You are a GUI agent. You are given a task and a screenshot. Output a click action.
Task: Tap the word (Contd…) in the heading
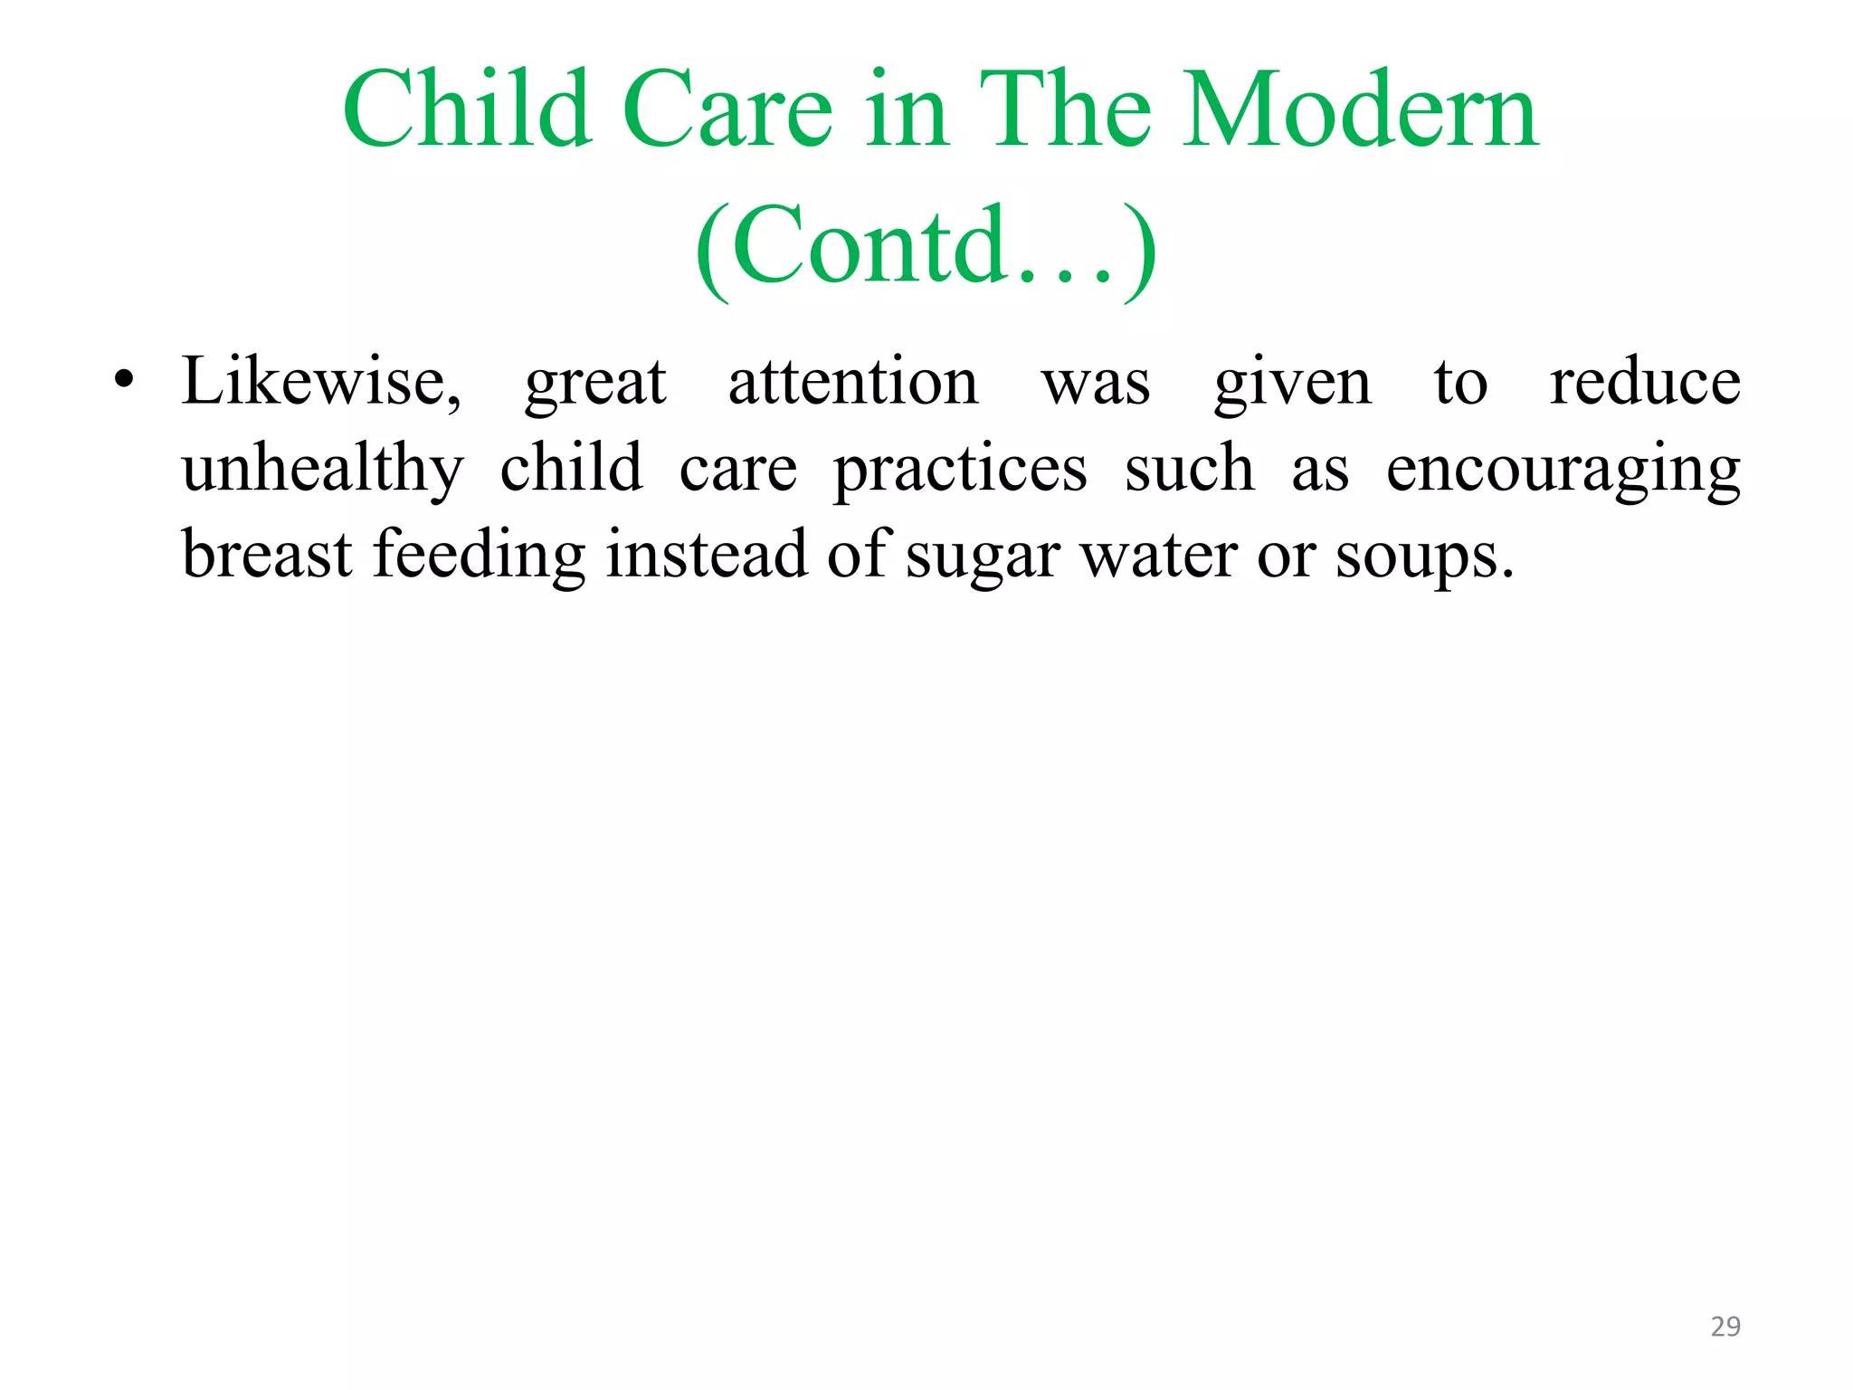click(926, 246)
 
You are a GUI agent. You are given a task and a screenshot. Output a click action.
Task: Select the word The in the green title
click(1065, 110)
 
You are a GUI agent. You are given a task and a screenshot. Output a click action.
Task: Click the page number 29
click(1725, 1327)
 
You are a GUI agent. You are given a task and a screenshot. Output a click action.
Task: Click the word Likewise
click(321, 382)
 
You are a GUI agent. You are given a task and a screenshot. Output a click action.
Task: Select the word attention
click(853, 382)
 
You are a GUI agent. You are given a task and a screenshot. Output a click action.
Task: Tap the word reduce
click(1645, 382)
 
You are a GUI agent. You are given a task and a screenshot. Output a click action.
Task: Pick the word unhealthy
click(323, 470)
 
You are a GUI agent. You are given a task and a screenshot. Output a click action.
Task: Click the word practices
click(960, 470)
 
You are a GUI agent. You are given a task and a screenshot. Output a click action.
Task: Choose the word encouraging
click(1563, 470)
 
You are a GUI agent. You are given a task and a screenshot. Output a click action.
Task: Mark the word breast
click(267, 555)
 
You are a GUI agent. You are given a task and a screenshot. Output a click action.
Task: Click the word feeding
click(480, 555)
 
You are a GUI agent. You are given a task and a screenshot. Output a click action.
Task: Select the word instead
click(706, 555)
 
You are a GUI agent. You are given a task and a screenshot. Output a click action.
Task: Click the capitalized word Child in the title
click(468, 110)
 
